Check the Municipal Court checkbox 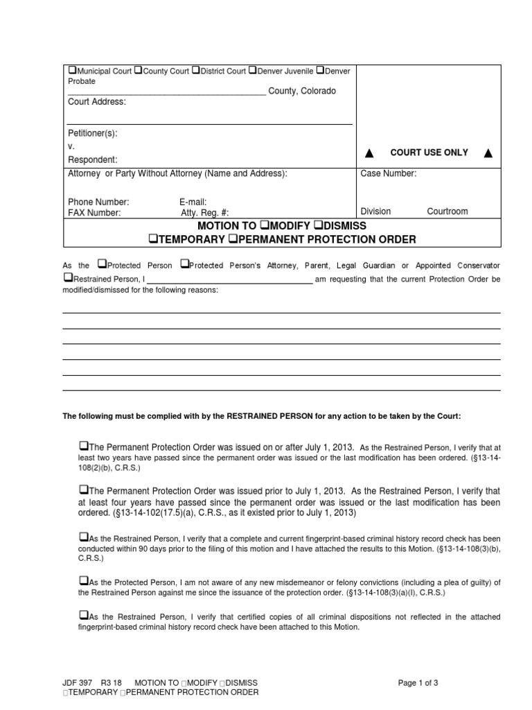click(x=72, y=71)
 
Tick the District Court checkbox click(x=196, y=71)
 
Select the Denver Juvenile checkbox click(x=253, y=71)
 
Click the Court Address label click(x=96, y=102)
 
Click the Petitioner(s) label click(x=92, y=132)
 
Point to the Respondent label click(x=92, y=159)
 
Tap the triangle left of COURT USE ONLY click(x=369, y=153)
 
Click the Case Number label click(x=388, y=173)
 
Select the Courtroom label click(x=447, y=211)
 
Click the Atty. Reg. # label click(x=204, y=213)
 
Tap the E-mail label click(x=193, y=202)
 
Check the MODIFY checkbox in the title click(x=264, y=226)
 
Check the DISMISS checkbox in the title click(x=318, y=226)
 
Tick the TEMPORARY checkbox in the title click(x=153, y=240)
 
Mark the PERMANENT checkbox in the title click(x=233, y=240)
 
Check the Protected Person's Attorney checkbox click(x=184, y=265)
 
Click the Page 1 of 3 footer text click(x=418, y=683)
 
